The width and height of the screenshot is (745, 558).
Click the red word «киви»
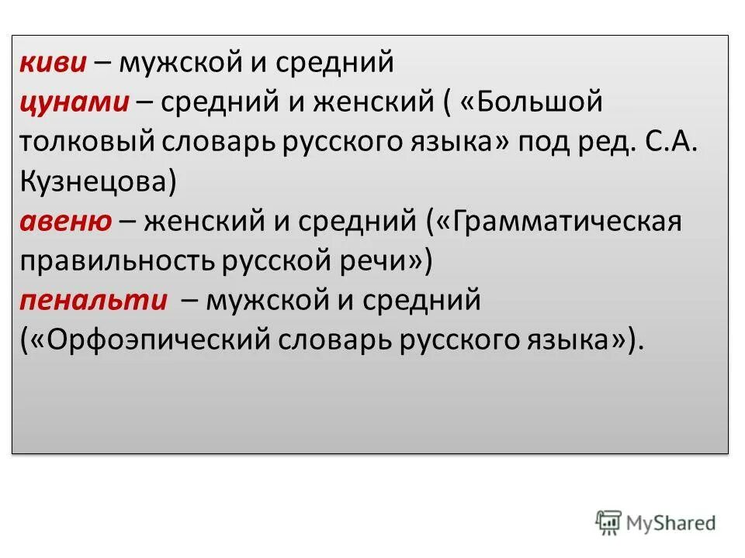(53, 63)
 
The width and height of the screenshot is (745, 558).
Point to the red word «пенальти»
(95, 301)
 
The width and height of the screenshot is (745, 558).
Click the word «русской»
(278, 262)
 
